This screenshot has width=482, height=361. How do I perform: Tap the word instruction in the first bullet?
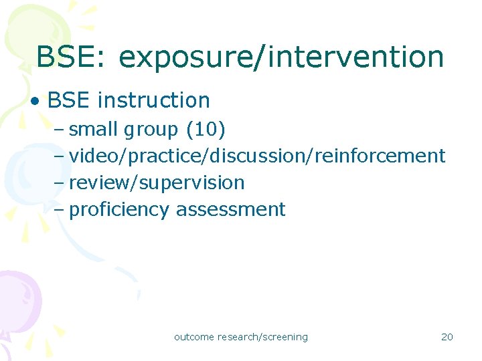coord(154,100)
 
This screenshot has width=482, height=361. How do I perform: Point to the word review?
coord(92,183)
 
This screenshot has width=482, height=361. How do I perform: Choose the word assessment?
coord(230,209)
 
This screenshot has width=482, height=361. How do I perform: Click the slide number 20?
coord(447,337)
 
